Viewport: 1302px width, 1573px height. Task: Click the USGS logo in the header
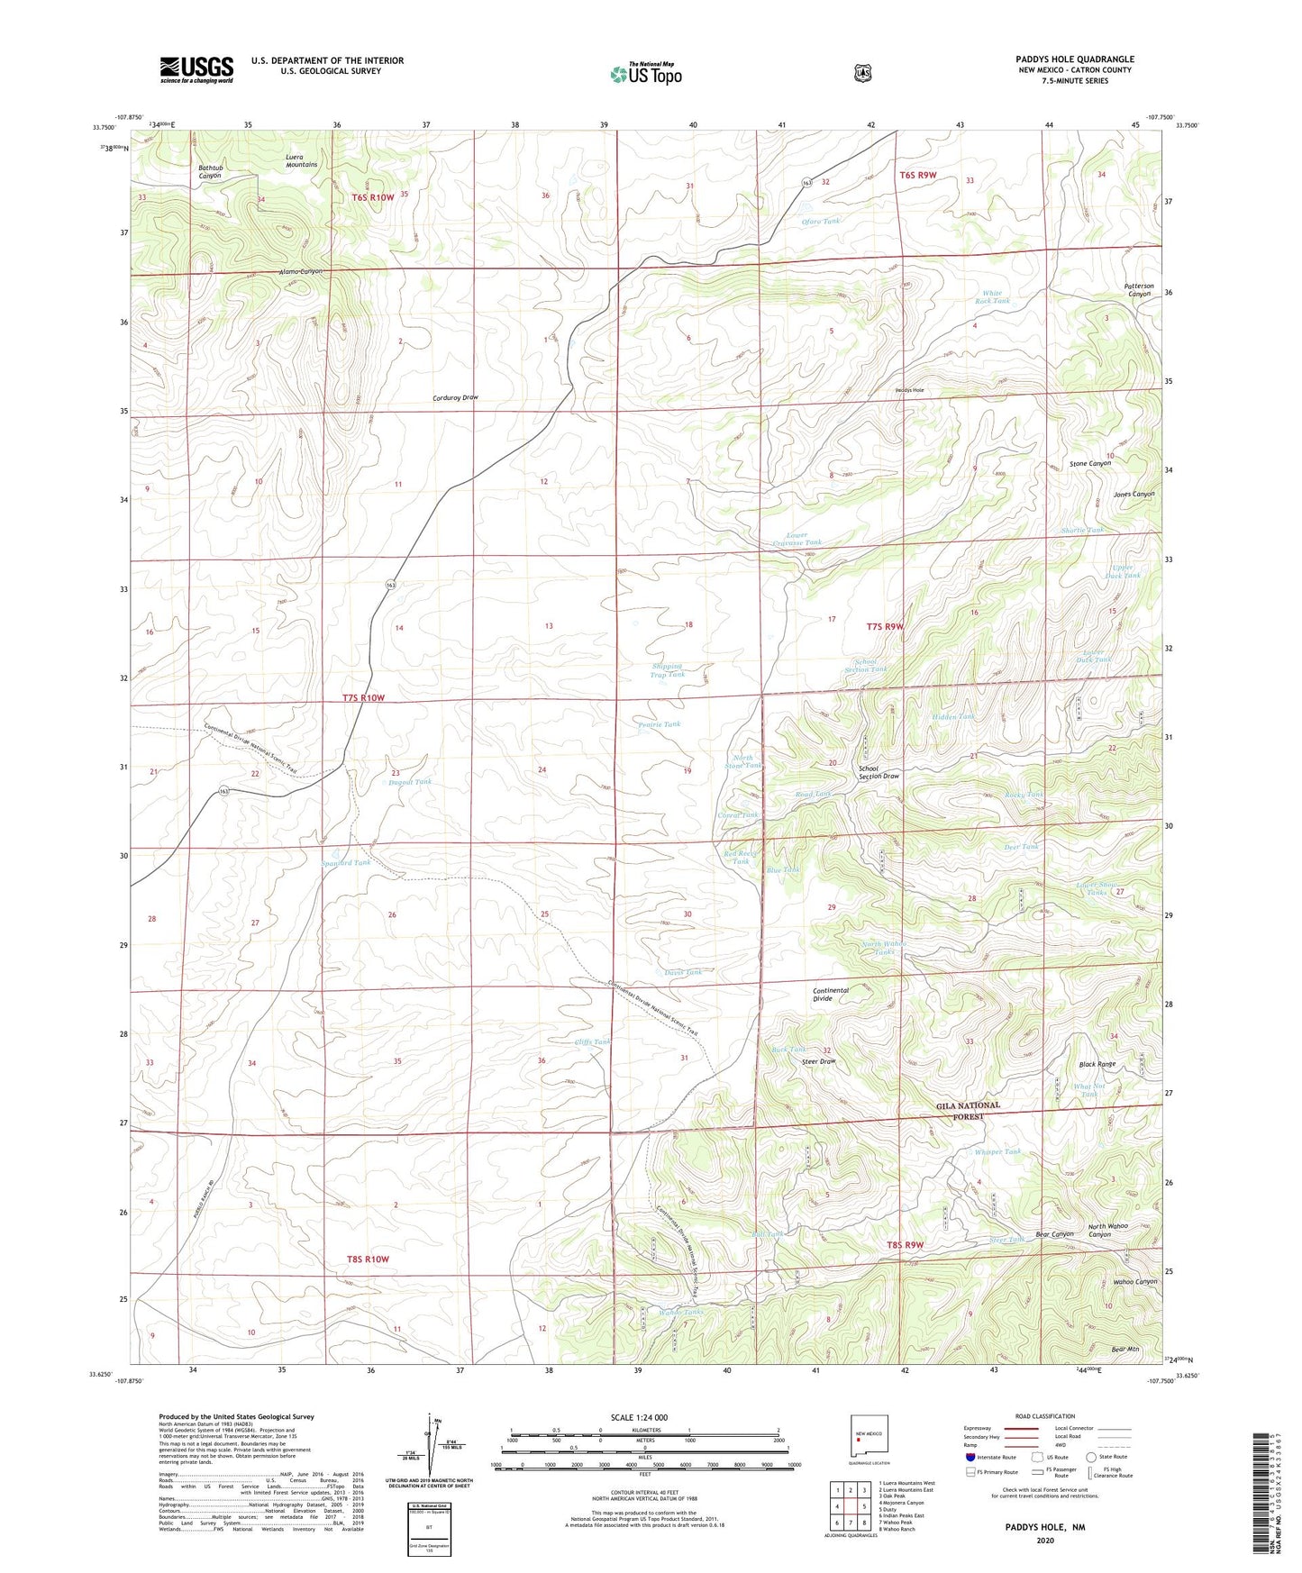(x=196, y=69)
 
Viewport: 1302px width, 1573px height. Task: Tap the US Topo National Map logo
(x=645, y=73)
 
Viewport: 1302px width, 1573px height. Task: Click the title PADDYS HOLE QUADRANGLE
(x=1074, y=59)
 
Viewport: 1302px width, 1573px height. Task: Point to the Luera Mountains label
(x=301, y=160)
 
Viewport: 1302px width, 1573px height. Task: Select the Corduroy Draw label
(x=455, y=397)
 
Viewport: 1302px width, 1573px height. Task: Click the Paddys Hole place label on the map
(x=908, y=390)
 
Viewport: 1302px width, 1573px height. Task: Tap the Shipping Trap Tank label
(x=668, y=670)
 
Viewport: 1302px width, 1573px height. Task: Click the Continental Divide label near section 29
(x=830, y=995)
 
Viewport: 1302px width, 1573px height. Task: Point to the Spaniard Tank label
(x=346, y=863)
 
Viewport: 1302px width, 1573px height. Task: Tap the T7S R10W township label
(x=363, y=698)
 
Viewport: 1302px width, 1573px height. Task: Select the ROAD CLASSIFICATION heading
(x=1045, y=1416)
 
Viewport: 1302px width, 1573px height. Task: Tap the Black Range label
(x=1097, y=1064)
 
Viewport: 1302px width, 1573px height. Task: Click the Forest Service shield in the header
(x=862, y=72)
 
